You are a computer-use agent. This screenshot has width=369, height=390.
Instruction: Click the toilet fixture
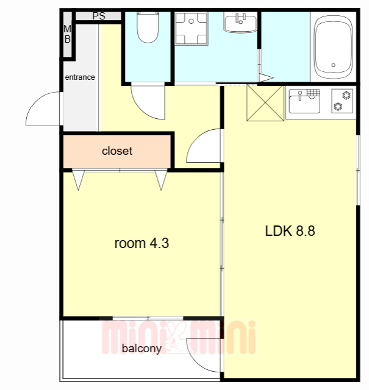[x=148, y=27]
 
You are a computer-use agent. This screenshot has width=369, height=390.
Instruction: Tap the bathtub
[x=334, y=48]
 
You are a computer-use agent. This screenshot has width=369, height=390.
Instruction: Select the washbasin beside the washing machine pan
[x=240, y=23]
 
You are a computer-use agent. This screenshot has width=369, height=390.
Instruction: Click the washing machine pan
[x=192, y=29]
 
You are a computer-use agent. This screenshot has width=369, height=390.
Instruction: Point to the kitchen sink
[x=304, y=101]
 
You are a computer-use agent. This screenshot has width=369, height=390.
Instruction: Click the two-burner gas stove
[x=342, y=101]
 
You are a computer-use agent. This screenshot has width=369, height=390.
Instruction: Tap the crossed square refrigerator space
[x=265, y=103]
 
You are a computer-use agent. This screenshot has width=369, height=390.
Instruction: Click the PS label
[x=99, y=16]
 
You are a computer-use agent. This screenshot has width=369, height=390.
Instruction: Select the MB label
[x=67, y=34]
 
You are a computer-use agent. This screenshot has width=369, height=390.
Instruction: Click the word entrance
[x=80, y=77]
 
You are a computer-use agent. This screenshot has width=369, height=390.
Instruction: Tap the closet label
[x=117, y=151]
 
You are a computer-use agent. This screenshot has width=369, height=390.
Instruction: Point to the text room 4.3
[x=142, y=243]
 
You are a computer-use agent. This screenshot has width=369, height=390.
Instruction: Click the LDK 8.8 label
[x=290, y=231]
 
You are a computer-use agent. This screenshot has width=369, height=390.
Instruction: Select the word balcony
[x=142, y=349]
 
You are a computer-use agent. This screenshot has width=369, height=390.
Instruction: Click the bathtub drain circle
[x=334, y=65]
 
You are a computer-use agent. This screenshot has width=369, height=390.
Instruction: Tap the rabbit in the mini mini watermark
[x=176, y=338]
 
